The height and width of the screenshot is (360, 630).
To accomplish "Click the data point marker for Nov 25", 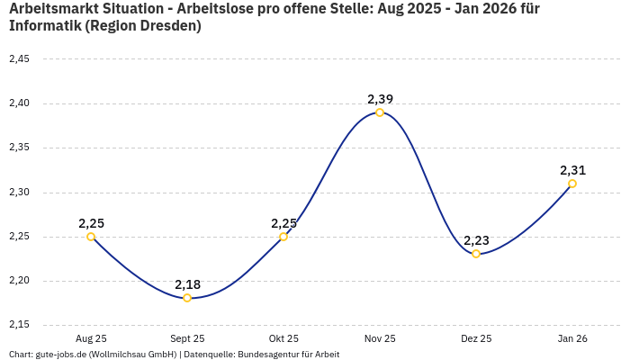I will click(380, 112).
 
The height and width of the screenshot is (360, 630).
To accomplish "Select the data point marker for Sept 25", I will click(187, 298).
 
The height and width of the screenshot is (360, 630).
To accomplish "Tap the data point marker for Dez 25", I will click(476, 254).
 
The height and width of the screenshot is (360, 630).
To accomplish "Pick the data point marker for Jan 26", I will click(572, 184).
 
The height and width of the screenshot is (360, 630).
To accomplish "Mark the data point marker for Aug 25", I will click(91, 237).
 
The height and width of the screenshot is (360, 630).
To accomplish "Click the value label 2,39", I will click(380, 99).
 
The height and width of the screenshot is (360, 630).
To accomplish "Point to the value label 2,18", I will click(187, 284).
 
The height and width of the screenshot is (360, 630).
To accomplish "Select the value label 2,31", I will click(572, 170).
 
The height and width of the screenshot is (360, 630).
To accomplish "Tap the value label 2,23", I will click(476, 240).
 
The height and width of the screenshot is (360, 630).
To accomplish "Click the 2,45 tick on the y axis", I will click(19, 59).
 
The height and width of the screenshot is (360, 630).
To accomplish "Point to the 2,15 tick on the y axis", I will click(19, 325).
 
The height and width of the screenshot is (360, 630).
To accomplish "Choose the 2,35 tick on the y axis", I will click(19, 148).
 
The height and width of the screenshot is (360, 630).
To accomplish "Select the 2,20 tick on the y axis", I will click(19, 281).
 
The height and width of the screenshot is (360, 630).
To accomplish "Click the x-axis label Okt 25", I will click(283, 338).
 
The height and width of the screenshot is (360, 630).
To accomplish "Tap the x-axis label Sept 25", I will click(187, 338).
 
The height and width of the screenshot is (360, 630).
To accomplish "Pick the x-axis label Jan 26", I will click(572, 338).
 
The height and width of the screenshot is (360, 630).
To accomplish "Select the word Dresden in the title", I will click(169, 26).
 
